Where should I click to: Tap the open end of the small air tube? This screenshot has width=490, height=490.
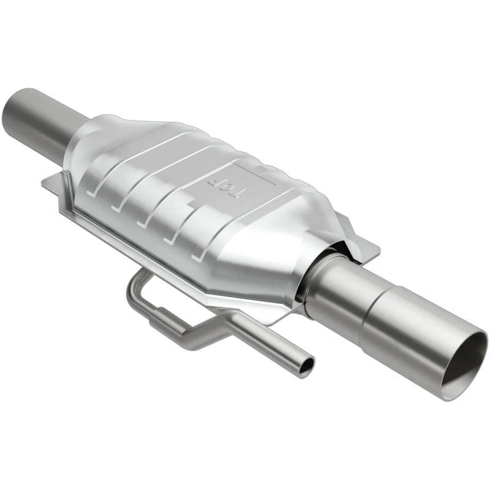[x=305, y=366]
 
